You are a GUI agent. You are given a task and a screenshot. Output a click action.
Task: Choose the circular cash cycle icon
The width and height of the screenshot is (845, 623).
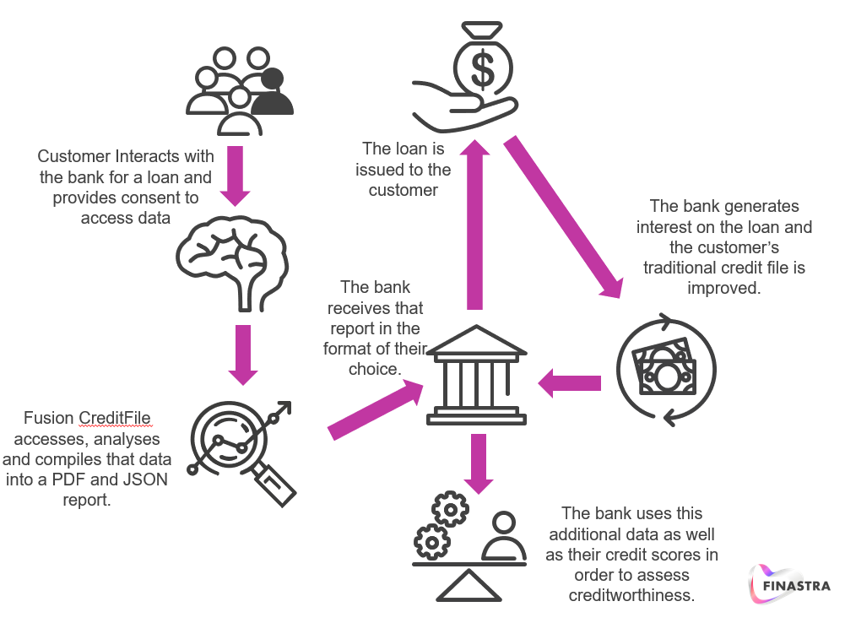(667, 369)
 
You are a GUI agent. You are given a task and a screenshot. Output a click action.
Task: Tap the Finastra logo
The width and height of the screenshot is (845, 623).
(789, 584)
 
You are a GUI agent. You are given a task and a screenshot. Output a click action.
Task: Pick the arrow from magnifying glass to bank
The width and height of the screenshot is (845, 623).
(376, 409)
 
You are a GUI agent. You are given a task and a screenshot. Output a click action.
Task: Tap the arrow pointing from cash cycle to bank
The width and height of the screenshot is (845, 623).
(570, 383)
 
